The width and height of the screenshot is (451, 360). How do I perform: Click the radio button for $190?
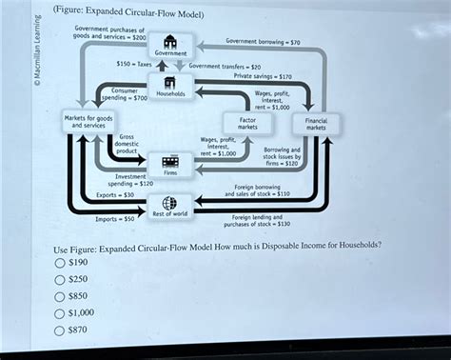tap(61, 262)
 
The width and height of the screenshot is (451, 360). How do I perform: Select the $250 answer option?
tap(61, 279)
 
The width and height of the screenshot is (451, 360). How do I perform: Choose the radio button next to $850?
tap(61, 296)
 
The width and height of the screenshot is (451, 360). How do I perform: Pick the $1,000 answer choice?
tap(61, 313)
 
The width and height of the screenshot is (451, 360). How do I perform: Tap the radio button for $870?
tap(61, 330)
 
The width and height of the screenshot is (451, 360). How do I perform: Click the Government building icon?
tap(169, 42)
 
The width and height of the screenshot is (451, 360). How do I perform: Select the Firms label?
tap(170, 172)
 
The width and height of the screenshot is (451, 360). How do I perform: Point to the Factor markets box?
tap(247, 123)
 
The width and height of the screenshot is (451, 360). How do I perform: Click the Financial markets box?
tap(316, 123)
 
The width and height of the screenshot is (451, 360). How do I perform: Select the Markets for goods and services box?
tap(90, 120)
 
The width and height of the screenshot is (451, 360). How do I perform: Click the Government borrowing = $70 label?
tap(263, 42)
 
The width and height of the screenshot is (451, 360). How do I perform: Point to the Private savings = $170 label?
tap(263, 75)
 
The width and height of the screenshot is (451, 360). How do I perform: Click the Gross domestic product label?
tap(127, 144)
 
